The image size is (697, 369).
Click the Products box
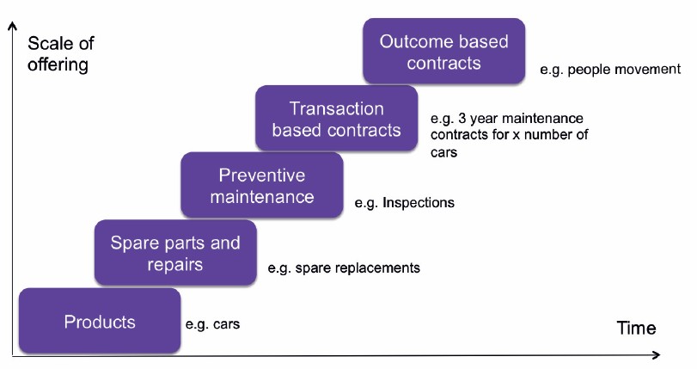(x=99, y=322)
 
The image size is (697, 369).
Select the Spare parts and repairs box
(x=175, y=253)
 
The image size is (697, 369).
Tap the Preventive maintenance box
(x=261, y=186)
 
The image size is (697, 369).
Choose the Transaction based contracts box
(x=336, y=120)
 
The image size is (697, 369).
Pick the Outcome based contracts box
(x=443, y=52)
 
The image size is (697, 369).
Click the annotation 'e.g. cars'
(x=212, y=325)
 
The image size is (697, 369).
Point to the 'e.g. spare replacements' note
(x=344, y=268)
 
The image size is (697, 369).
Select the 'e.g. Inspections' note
(x=404, y=204)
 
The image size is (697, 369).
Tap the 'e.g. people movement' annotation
(x=610, y=69)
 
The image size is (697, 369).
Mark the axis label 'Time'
(x=636, y=328)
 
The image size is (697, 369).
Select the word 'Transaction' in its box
(x=336, y=109)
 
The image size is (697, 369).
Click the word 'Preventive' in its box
(x=261, y=175)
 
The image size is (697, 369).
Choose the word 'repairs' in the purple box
(x=175, y=264)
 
